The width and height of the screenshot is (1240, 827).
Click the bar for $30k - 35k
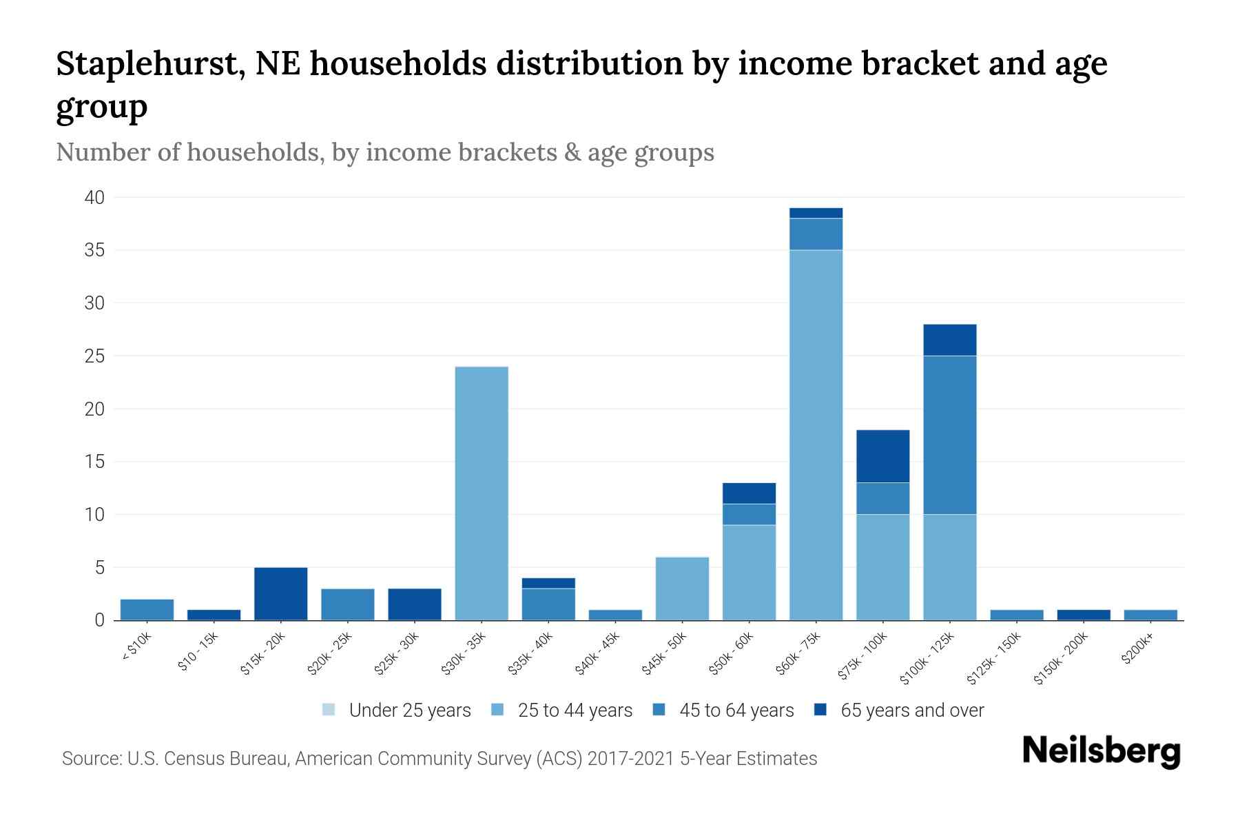(x=482, y=493)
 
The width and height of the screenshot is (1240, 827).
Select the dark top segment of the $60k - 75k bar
(x=816, y=213)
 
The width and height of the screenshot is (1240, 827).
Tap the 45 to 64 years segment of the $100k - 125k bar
(x=949, y=435)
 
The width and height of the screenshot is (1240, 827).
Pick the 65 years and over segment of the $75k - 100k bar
(x=882, y=456)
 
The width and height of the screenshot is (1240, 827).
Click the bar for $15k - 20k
(x=280, y=593)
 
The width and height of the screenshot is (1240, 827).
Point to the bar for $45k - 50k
(x=682, y=589)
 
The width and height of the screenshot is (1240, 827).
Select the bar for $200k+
(x=1150, y=615)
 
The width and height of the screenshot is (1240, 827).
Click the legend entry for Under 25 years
(x=397, y=711)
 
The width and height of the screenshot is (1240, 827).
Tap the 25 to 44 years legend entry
(x=562, y=711)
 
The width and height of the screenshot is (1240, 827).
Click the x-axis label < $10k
(x=137, y=648)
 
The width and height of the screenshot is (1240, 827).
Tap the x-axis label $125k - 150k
(x=993, y=659)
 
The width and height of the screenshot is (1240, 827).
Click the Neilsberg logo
(x=1101, y=751)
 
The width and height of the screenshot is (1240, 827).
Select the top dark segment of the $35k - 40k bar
(x=548, y=583)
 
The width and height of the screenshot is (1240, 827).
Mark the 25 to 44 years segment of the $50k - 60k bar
(x=749, y=573)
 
